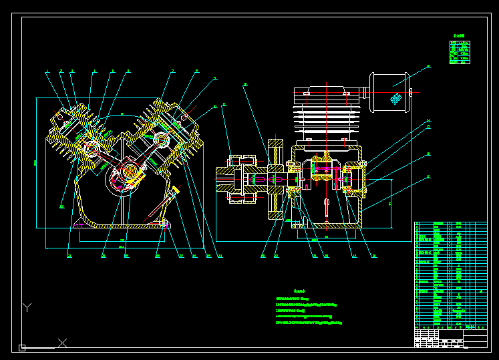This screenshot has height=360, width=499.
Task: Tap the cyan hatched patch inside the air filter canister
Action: [x=396, y=99]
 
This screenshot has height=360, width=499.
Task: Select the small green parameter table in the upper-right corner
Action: [x=460, y=52]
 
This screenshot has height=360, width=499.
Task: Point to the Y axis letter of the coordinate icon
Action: [x=27, y=307]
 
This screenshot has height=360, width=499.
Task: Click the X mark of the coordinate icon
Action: [x=62, y=343]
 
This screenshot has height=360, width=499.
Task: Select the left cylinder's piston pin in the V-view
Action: [x=87, y=143]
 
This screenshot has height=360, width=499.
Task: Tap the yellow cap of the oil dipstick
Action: [x=176, y=190]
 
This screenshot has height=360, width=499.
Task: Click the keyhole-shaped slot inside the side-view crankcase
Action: [x=326, y=205]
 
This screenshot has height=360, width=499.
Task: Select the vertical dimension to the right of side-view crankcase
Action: [x=390, y=204]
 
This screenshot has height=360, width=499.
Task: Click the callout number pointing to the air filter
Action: [x=428, y=67]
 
